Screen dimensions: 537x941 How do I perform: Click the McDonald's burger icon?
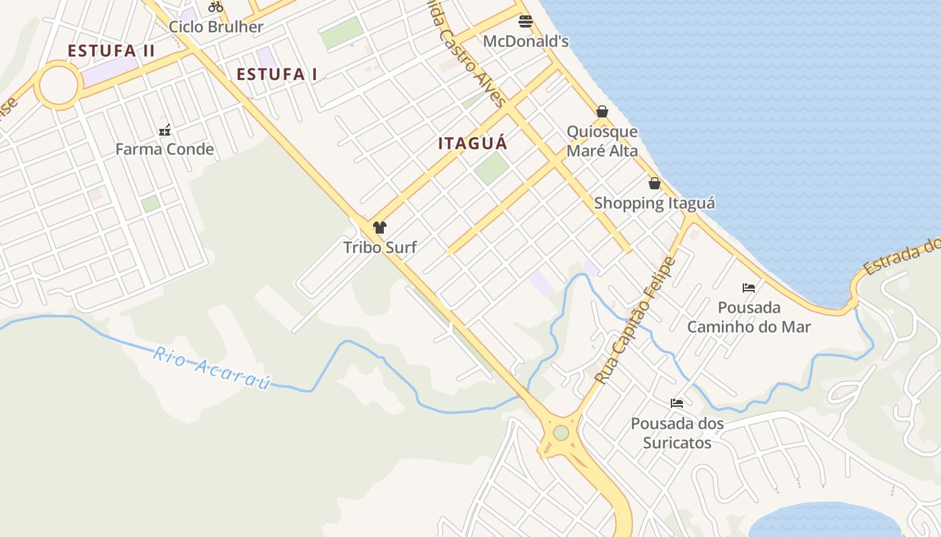tap(526, 21)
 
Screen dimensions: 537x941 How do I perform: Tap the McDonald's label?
tap(526, 42)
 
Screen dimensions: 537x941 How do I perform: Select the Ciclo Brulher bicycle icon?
tap(215, 7)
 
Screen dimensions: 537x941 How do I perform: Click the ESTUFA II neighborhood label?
tap(112, 51)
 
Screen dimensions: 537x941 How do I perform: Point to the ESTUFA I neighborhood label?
tap(277, 74)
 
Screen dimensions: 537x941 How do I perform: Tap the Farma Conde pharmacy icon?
tap(165, 130)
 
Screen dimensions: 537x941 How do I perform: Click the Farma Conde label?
tap(165, 149)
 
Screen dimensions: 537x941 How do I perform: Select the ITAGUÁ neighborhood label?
tap(473, 144)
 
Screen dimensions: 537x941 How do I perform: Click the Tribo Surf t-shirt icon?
tap(380, 228)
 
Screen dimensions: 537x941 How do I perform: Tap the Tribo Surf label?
tap(380, 247)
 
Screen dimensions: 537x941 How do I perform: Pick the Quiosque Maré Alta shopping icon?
tap(602, 111)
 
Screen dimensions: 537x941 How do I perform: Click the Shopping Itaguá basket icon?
tap(655, 183)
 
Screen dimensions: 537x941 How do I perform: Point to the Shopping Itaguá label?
tap(655, 203)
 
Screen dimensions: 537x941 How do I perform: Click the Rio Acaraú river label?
tap(211, 367)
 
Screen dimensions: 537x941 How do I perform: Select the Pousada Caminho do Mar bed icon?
tap(749, 288)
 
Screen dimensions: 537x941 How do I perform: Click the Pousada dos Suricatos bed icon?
tap(677, 403)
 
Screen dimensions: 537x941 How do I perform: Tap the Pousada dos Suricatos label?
tap(677, 433)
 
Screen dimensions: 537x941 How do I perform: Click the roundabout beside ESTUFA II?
tap(58, 85)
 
